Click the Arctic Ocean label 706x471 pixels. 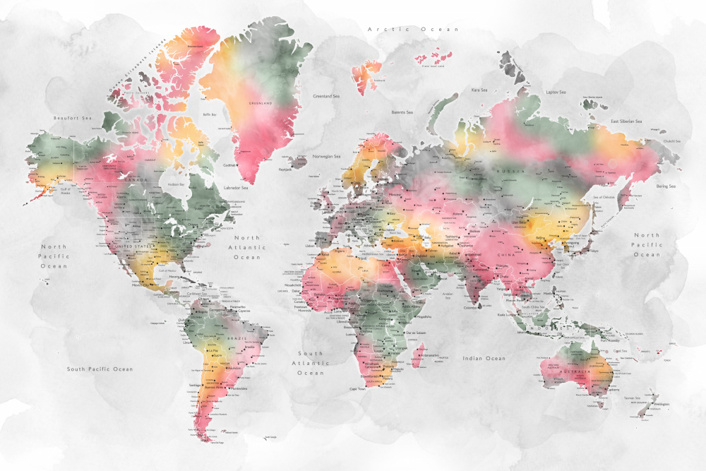tap(414, 29)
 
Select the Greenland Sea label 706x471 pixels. tap(327, 95)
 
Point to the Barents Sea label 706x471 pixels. tap(402, 112)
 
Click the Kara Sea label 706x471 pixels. tap(479, 90)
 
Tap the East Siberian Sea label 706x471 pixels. tap(626, 121)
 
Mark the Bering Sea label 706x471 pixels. tap(666, 186)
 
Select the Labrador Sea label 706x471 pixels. tap(236, 188)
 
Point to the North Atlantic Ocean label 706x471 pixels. tap(251, 248)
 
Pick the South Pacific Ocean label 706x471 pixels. tap(100, 369)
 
